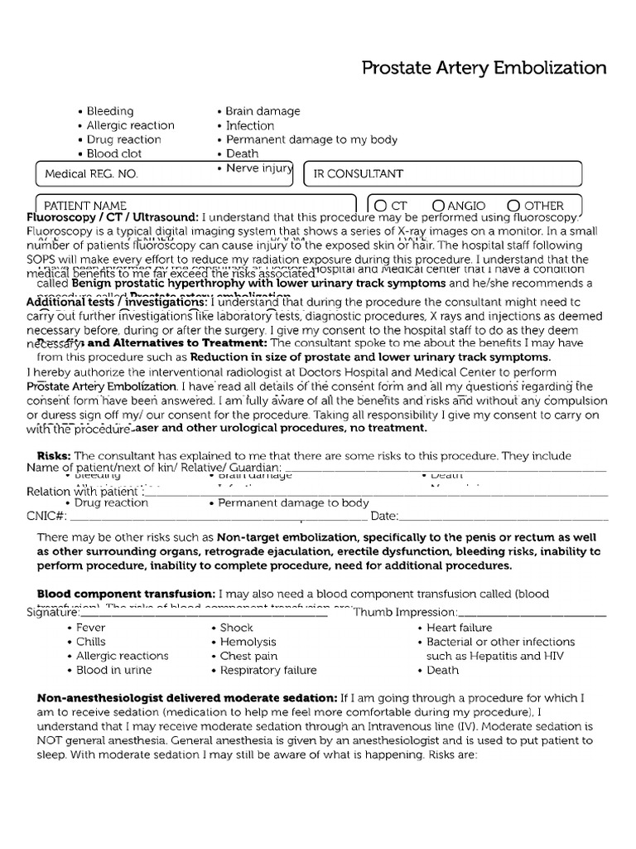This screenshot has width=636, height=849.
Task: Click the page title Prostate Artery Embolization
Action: (x=484, y=68)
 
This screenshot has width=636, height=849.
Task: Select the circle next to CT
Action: (x=380, y=205)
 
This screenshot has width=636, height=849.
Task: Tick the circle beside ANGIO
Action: (x=439, y=205)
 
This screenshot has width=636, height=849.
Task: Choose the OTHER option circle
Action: (x=513, y=205)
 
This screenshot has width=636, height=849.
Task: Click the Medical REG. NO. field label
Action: (x=91, y=174)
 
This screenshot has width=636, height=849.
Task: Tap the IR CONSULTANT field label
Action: (x=358, y=174)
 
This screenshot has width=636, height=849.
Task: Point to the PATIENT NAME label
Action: (x=85, y=206)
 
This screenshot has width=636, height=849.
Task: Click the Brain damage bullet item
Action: (x=263, y=111)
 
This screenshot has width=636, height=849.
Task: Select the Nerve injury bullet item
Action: (x=259, y=168)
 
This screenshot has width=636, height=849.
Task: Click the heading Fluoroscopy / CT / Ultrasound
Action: (x=113, y=217)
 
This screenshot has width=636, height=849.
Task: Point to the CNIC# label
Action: (x=46, y=517)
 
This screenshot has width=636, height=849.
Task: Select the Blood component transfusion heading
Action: (x=125, y=594)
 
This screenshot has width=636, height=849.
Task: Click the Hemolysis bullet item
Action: (x=248, y=642)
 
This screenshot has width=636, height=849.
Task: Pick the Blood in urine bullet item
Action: (x=113, y=670)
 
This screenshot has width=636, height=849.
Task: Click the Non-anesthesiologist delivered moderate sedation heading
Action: (x=186, y=697)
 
